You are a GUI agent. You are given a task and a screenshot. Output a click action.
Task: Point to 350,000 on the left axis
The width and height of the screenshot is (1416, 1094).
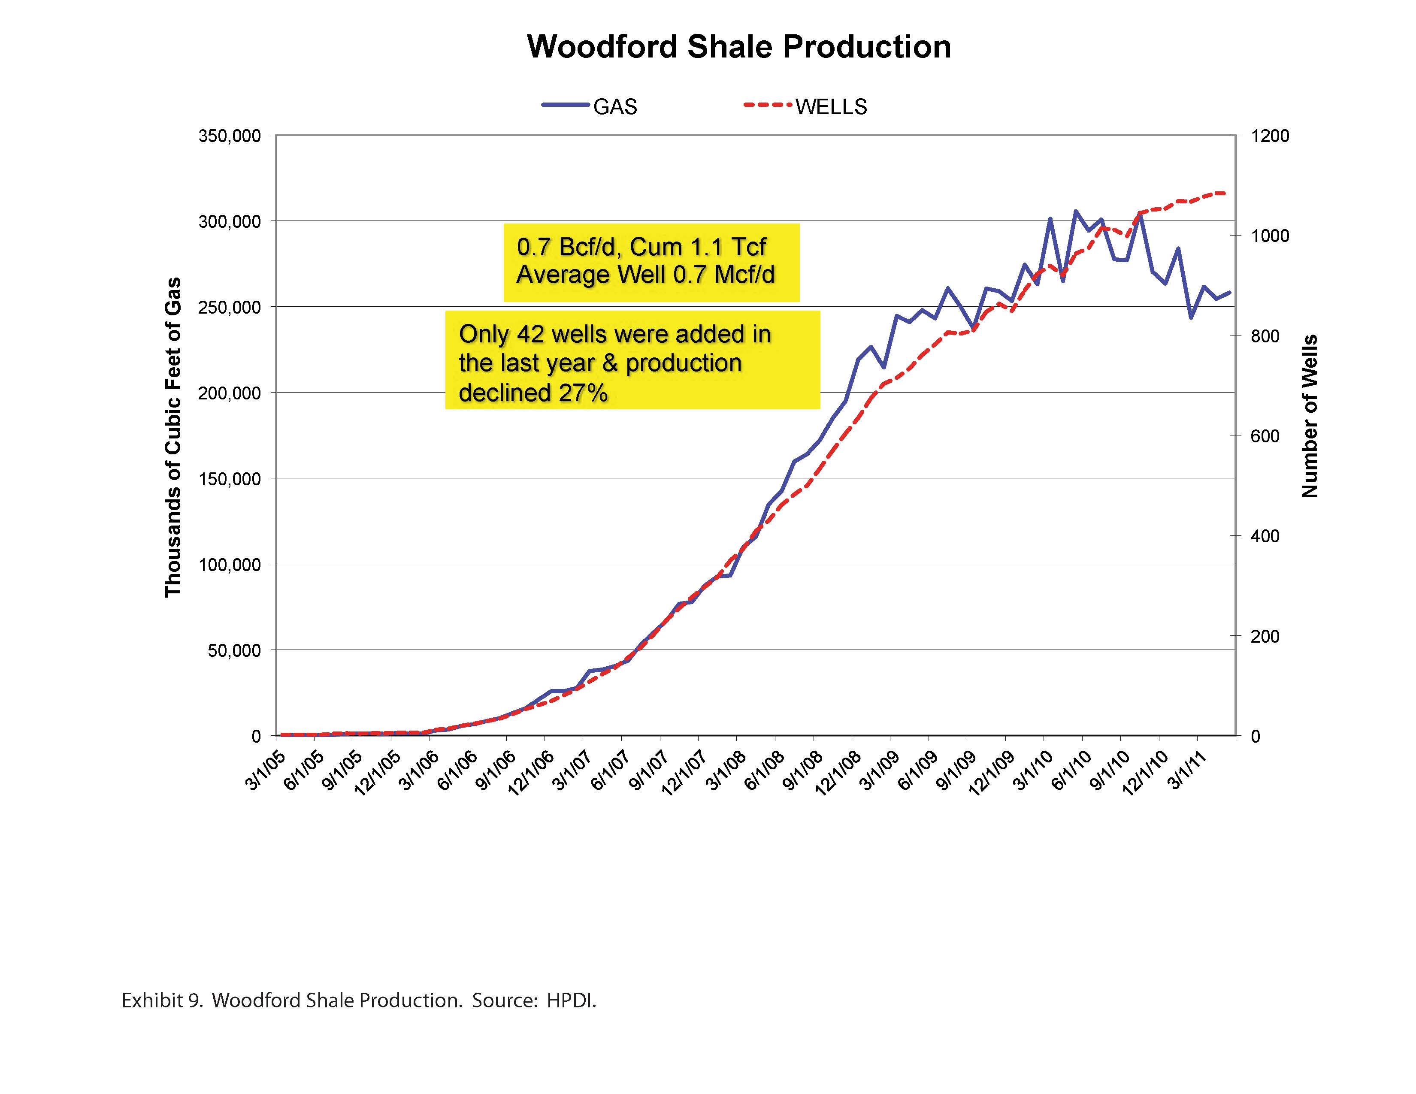pyautogui.click(x=230, y=136)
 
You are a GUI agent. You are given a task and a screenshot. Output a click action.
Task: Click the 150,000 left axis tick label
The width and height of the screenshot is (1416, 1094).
pyautogui.click(x=230, y=479)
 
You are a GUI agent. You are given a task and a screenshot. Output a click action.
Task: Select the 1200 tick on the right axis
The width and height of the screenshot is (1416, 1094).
pyautogui.click(x=1270, y=136)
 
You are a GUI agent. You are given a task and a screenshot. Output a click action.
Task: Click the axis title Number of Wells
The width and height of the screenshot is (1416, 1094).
pyautogui.click(x=1310, y=416)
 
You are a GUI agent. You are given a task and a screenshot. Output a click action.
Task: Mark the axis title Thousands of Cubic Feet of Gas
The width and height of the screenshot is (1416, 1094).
pyautogui.click(x=172, y=438)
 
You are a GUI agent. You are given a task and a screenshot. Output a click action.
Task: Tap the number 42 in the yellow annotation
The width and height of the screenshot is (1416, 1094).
pyautogui.click(x=530, y=335)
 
